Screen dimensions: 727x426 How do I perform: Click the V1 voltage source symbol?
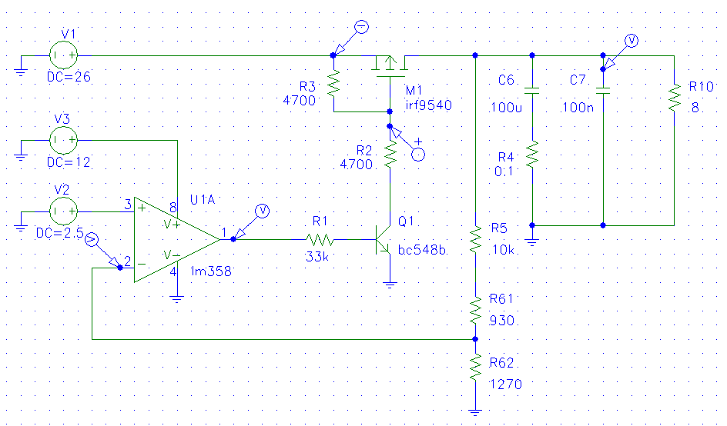click(x=63, y=55)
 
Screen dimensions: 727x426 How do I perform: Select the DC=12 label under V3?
click(x=69, y=162)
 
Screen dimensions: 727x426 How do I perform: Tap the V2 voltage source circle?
click(x=63, y=211)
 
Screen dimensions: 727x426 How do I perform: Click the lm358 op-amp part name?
click(x=211, y=271)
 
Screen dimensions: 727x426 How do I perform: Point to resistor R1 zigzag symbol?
click(x=320, y=240)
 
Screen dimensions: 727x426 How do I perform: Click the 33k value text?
click(x=317, y=256)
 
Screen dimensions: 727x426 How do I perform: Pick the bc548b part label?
click(x=422, y=250)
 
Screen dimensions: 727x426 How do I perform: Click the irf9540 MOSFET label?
click(x=428, y=105)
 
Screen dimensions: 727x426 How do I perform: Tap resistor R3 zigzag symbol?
click(x=333, y=84)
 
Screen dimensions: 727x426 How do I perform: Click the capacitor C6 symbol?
click(x=532, y=90)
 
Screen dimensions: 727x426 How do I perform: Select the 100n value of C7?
click(x=578, y=108)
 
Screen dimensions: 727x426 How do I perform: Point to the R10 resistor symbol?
click(x=674, y=98)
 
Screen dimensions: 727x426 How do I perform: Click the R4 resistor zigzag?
click(x=532, y=155)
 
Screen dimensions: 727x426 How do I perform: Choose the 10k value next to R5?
click(x=503, y=250)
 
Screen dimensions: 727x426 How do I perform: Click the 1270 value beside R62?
click(x=505, y=384)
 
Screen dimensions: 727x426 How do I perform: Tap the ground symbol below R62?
click(x=475, y=411)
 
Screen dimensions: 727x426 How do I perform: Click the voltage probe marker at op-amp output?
click(x=250, y=222)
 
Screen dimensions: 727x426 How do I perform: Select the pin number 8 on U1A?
click(x=173, y=208)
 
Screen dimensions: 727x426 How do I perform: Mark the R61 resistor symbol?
click(x=475, y=311)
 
